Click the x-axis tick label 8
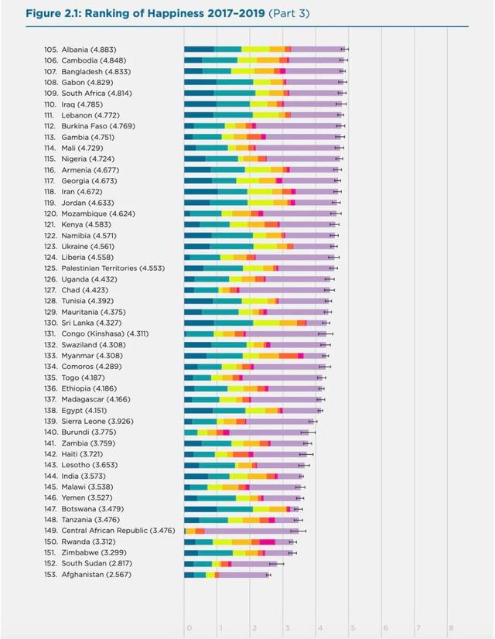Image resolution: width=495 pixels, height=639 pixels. (451, 627)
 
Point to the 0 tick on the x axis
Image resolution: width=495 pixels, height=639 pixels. (188, 627)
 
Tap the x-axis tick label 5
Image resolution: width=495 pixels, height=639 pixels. (352, 627)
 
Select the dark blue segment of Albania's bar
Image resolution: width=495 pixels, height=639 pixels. (199, 49)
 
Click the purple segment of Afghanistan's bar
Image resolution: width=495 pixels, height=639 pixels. (244, 575)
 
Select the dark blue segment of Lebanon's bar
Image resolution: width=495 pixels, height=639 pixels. (199, 114)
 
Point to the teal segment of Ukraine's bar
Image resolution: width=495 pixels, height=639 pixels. (235, 246)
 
